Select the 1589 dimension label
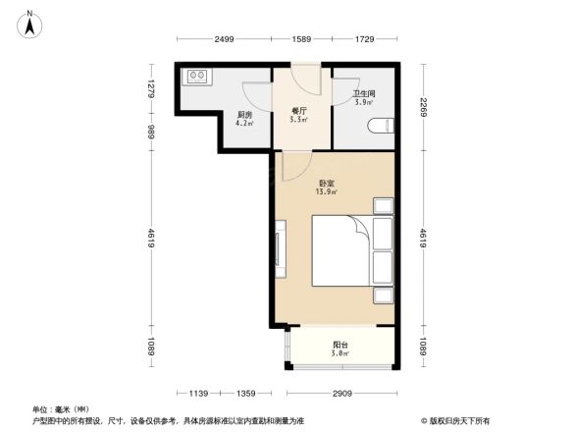[x=301, y=38]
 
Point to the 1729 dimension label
[x=363, y=38]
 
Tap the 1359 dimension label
[x=247, y=393]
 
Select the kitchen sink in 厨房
[x=195, y=75]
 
